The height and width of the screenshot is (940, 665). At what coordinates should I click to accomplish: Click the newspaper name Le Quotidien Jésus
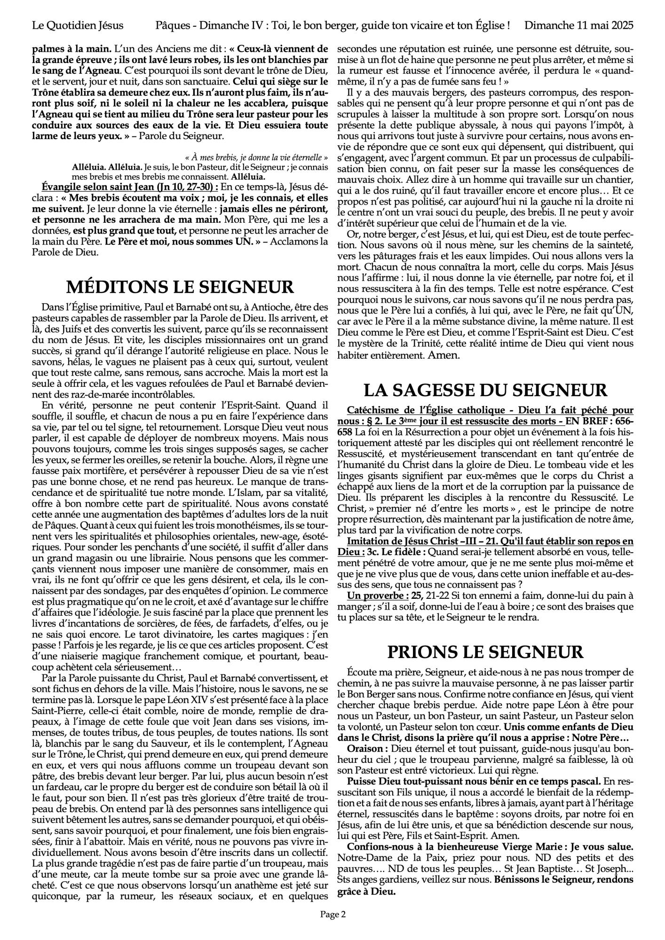(78, 25)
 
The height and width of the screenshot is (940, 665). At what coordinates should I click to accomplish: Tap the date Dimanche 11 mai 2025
(579, 25)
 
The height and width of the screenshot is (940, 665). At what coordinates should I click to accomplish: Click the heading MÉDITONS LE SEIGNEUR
(180, 286)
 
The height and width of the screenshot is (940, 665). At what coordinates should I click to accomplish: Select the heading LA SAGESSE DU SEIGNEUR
(485, 390)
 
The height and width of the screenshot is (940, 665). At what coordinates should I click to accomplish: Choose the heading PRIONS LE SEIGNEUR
(485, 651)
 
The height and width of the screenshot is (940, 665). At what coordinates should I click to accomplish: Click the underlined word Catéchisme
(370, 410)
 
